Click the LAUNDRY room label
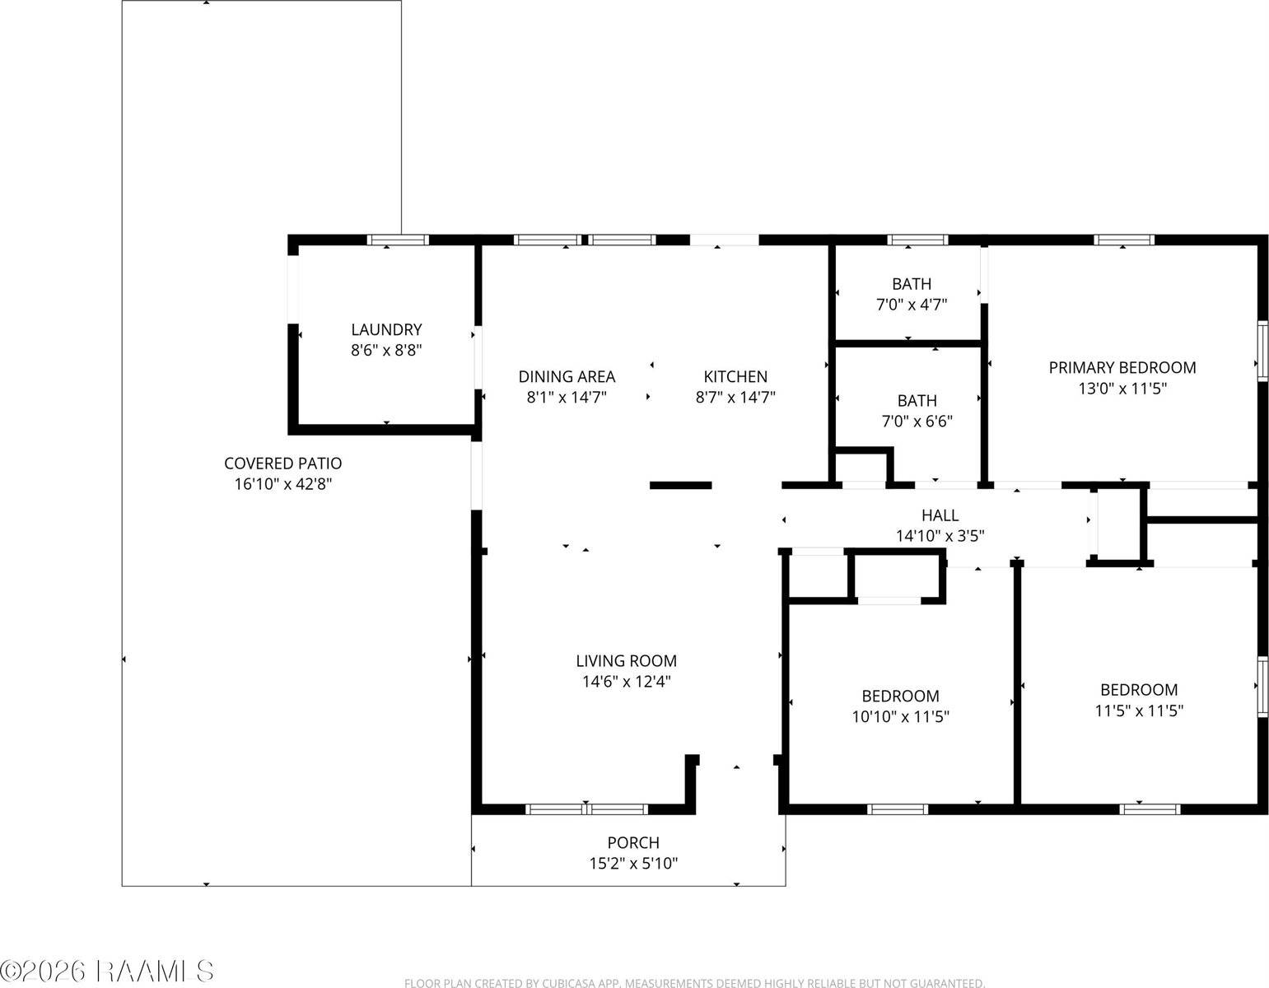coord(386,329)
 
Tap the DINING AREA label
coord(567,377)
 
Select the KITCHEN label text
coord(735,377)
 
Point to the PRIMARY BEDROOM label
coord(1122,368)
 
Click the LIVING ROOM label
coord(626,661)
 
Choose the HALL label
coord(940,515)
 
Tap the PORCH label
coord(633,843)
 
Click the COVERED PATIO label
coord(282,464)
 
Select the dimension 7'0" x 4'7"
coord(912,305)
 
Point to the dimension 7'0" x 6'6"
coord(917,422)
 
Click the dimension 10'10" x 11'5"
coord(901,716)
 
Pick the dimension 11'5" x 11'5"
coord(1139,711)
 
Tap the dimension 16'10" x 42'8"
coord(282,484)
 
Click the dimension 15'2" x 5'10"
coord(633,864)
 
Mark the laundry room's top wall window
coord(398,240)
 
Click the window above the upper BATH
coord(917,240)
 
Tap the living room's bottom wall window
coord(586,809)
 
